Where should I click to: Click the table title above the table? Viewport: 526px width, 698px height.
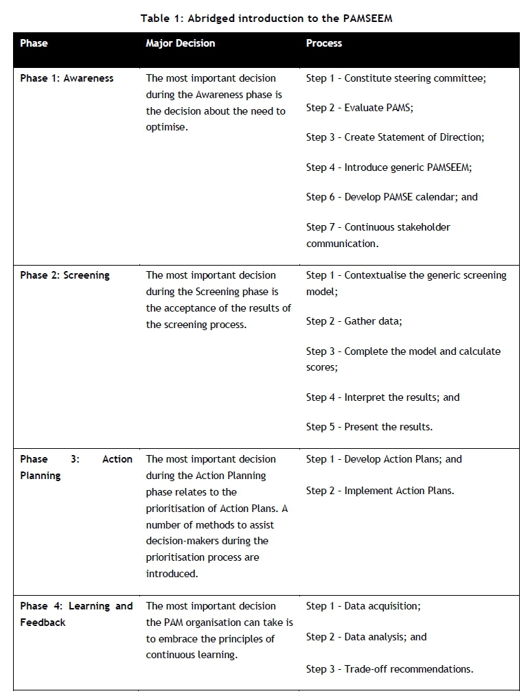point(266,19)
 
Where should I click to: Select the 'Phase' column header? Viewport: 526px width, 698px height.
point(34,43)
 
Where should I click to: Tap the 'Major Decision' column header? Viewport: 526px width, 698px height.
point(180,43)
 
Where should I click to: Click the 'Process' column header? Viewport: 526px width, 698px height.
point(323,43)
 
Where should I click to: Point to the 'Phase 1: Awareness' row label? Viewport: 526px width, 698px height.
point(67,78)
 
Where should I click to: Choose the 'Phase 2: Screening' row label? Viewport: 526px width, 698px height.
point(65,275)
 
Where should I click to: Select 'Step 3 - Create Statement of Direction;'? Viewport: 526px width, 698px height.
point(395,137)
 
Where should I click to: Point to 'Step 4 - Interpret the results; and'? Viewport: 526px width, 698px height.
point(382,397)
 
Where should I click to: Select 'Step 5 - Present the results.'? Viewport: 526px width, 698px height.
point(369,427)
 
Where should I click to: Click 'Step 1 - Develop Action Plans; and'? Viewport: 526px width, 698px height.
point(384,459)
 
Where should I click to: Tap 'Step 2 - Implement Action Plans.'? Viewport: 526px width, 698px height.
point(380,491)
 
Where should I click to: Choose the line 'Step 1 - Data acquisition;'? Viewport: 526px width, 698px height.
point(363,606)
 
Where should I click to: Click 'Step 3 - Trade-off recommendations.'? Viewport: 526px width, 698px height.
point(389,669)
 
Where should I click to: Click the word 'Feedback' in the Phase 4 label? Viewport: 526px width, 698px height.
point(43,623)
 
